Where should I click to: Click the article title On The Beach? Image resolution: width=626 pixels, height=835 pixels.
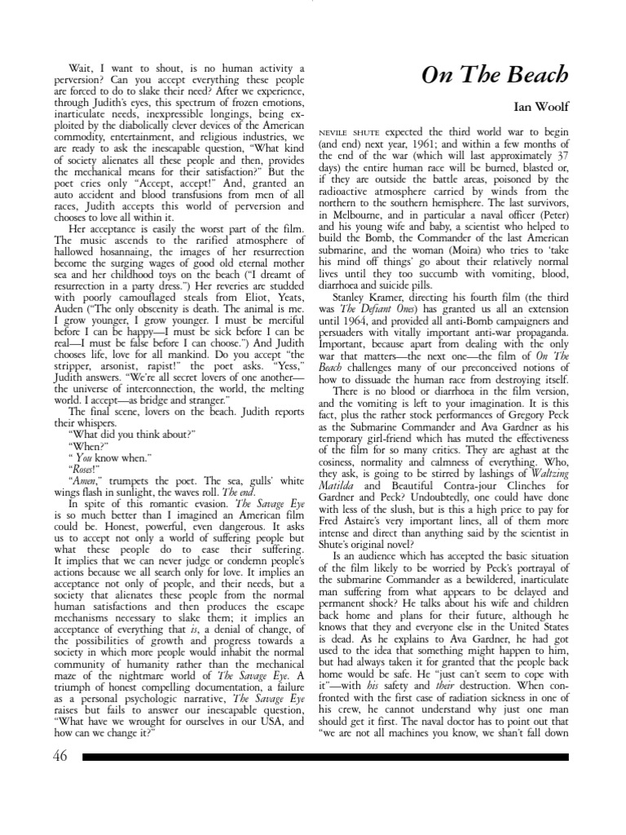pos(495,75)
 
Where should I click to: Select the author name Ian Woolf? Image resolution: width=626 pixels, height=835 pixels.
pos(540,106)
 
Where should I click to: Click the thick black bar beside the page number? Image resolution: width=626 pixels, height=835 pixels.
pos(326,757)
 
